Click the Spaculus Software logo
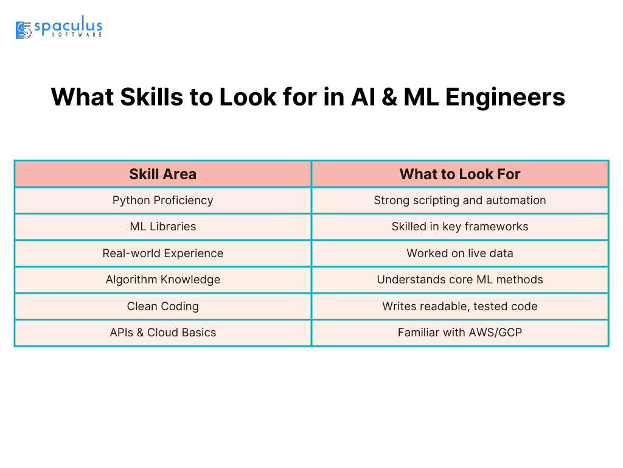point(59,27)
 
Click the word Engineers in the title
point(505,97)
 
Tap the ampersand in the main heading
point(389,97)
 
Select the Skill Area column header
point(163,174)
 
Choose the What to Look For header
point(460,174)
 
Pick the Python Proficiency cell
point(163,200)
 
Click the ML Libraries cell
point(163,227)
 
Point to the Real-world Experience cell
point(163,253)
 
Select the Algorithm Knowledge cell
point(163,279)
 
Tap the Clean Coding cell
point(163,306)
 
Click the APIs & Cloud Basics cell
point(163,332)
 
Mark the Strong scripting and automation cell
point(460,200)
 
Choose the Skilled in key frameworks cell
point(460,227)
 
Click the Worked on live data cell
point(460,253)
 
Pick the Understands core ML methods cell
point(460,279)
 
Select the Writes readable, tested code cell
point(460,306)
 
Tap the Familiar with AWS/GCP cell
point(460,332)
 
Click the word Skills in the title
point(151,97)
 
